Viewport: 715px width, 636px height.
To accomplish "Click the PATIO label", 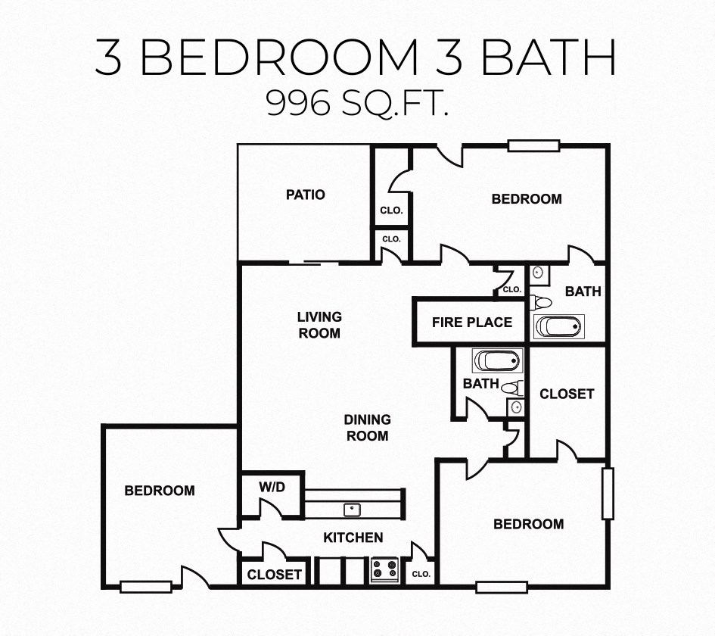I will (306, 195).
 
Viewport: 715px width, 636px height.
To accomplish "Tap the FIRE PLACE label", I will (472, 323).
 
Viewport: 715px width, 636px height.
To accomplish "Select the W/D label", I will (272, 487).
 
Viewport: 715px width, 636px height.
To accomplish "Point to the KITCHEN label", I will (353, 538).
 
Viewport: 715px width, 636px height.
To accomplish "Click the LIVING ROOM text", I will (319, 325).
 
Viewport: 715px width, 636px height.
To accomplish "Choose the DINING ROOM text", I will (368, 428).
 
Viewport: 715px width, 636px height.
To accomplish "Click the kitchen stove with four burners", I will (384, 569).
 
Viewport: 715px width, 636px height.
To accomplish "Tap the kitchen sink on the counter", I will (352, 510).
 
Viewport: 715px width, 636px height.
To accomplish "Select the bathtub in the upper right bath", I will (559, 326).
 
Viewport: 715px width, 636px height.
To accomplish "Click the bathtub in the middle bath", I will (497, 360).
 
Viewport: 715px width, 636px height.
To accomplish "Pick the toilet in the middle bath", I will (512, 388).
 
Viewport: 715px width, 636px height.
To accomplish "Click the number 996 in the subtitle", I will (298, 102).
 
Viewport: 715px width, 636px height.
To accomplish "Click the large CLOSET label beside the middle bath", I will (567, 394).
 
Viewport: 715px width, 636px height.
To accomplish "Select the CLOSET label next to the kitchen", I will (274, 575).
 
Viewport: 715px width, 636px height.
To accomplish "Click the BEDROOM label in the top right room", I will (527, 199).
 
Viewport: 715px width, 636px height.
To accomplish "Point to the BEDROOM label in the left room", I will (160, 491).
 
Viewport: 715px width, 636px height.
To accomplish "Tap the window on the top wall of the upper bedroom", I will (533, 145).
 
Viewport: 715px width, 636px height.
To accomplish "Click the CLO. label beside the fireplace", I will (512, 289).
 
